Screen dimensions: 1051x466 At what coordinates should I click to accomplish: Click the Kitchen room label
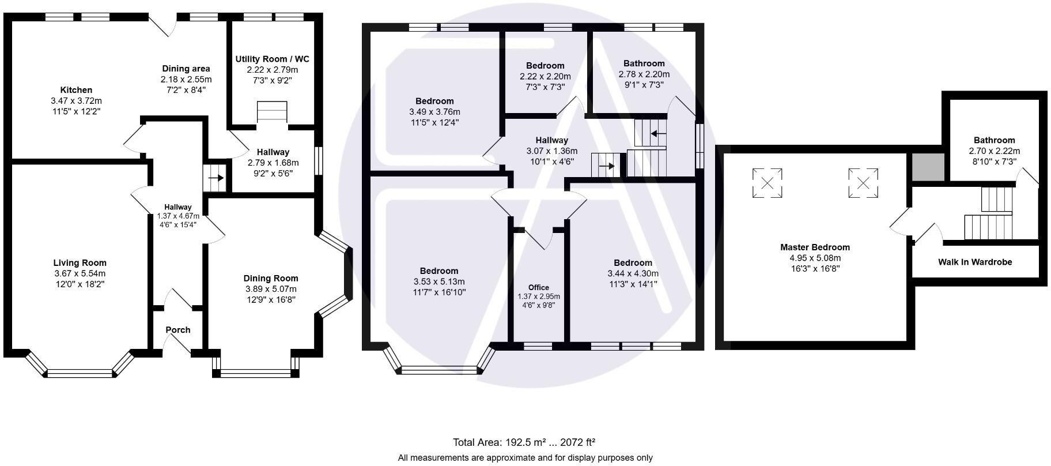tap(76, 90)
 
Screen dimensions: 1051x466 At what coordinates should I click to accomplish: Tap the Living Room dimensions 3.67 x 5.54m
tap(80, 273)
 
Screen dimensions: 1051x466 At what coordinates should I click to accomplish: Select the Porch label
tap(177, 330)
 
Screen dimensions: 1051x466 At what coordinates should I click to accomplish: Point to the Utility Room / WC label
tap(272, 59)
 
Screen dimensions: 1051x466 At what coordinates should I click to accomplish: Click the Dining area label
tap(186, 69)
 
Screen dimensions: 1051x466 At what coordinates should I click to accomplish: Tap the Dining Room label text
tap(270, 279)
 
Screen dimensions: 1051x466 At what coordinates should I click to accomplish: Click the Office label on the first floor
tap(538, 287)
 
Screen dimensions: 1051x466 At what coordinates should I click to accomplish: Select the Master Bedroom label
tap(815, 247)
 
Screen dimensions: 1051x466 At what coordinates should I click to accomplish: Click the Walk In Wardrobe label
tap(975, 262)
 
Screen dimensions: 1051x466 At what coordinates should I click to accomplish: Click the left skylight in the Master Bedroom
tap(767, 183)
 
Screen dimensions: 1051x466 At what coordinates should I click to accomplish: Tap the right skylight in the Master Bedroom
tap(863, 183)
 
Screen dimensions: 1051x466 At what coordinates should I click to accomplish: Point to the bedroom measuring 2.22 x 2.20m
tap(545, 76)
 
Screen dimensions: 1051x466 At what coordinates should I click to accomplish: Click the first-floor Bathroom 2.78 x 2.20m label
tap(644, 63)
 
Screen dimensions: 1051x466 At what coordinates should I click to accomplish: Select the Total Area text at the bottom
tap(524, 442)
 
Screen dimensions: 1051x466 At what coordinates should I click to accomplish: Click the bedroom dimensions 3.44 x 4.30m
tap(633, 273)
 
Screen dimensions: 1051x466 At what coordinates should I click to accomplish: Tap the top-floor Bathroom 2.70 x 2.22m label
tap(994, 140)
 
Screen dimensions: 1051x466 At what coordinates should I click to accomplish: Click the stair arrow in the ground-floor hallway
tap(216, 178)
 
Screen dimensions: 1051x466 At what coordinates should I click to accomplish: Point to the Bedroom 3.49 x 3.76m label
tap(434, 102)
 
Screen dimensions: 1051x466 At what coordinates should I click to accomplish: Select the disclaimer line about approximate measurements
tap(525, 458)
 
